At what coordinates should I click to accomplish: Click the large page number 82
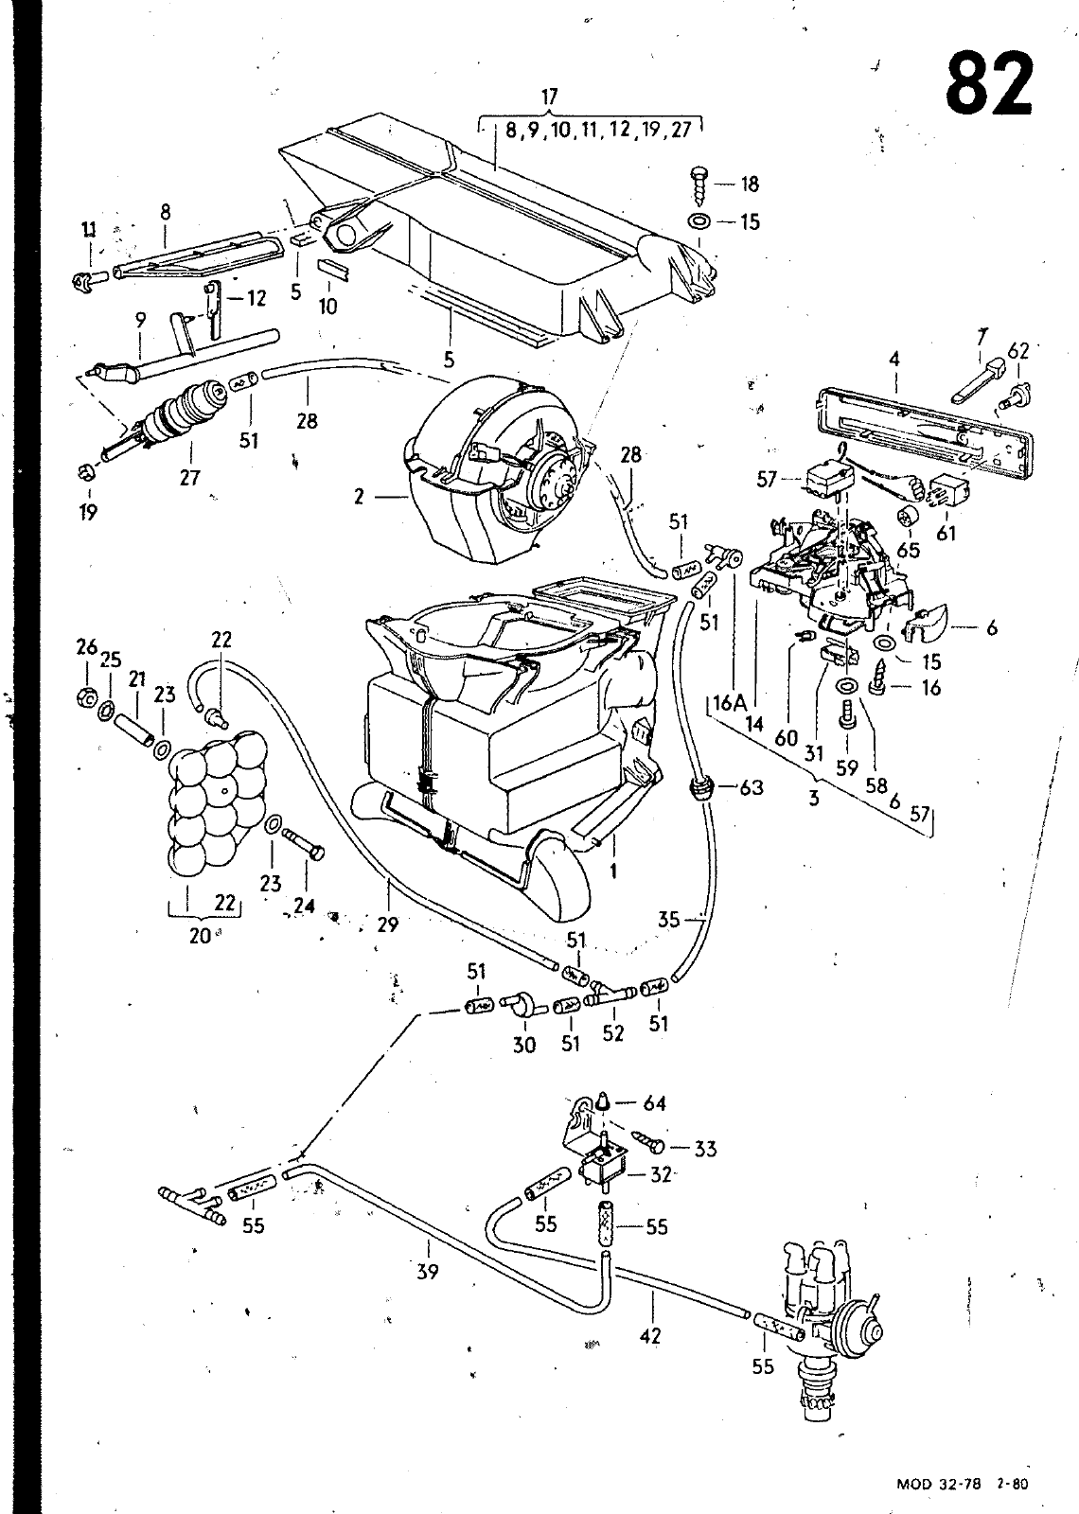(x=989, y=84)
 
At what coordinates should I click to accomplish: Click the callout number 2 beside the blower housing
(x=359, y=497)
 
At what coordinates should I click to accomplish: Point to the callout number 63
(x=752, y=786)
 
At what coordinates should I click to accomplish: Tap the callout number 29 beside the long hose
(x=387, y=924)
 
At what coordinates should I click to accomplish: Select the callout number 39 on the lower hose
(x=427, y=1271)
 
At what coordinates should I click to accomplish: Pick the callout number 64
(x=654, y=1103)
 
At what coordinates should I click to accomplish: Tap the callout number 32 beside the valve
(x=661, y=1174)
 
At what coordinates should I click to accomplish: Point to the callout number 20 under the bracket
(x=200, y=936)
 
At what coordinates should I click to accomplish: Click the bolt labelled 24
(x=304, y=844)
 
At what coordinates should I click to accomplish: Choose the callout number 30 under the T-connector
(x=524, y=1046)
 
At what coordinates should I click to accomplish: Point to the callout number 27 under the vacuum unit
(x=190, y=477)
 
